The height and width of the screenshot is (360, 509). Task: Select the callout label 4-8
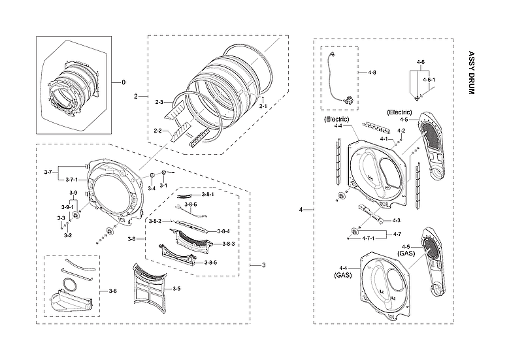point(372,72)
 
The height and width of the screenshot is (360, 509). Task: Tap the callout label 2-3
point(159,102)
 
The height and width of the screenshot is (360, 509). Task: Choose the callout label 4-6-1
point(429,79)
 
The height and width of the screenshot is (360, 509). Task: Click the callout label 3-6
point(112,291)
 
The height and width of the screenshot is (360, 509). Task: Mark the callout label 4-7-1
point(369,238)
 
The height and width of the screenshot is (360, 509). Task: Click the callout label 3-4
point(151,188)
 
